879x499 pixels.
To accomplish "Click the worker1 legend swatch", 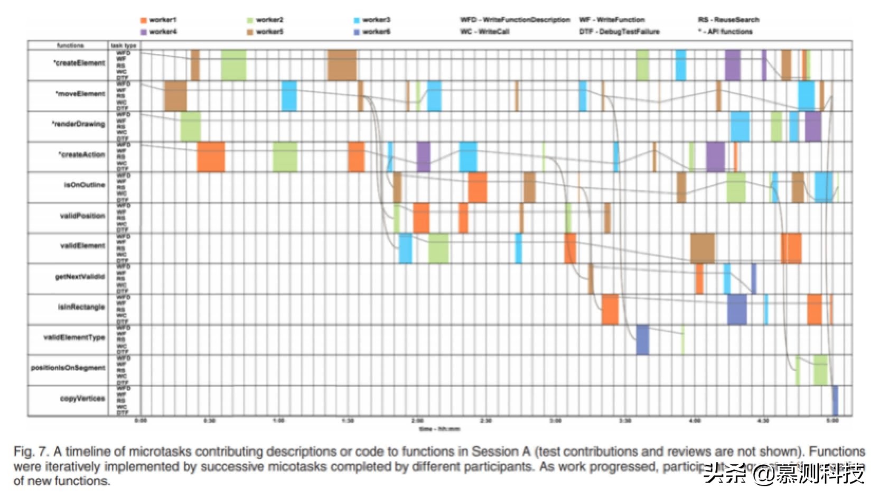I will click(143, 20).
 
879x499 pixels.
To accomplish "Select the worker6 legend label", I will click(376, 32).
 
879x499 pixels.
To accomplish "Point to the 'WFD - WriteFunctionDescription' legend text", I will click(515, 20).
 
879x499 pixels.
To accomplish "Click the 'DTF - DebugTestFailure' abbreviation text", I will click(619, 32).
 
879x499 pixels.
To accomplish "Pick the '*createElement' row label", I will click(79, 63).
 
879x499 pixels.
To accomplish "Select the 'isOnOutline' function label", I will click(84, 185).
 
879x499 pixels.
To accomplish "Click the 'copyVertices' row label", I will click(82, 399).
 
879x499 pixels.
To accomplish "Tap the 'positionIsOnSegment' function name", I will click(68, 368).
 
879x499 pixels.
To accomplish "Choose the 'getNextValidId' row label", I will click(80, 276).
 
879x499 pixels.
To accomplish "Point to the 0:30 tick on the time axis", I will click(209, 421).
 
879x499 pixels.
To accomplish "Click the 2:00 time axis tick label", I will click(417, 421).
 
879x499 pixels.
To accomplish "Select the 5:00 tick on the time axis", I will click(832, 421).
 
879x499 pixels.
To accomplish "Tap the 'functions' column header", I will click(70, 45).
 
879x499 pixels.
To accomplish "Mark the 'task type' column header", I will click(124, 45).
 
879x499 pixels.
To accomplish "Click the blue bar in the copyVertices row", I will click(835, 401).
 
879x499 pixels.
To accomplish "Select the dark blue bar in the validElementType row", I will click(642, 340).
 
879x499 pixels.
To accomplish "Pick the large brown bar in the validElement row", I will click(702, 248).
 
